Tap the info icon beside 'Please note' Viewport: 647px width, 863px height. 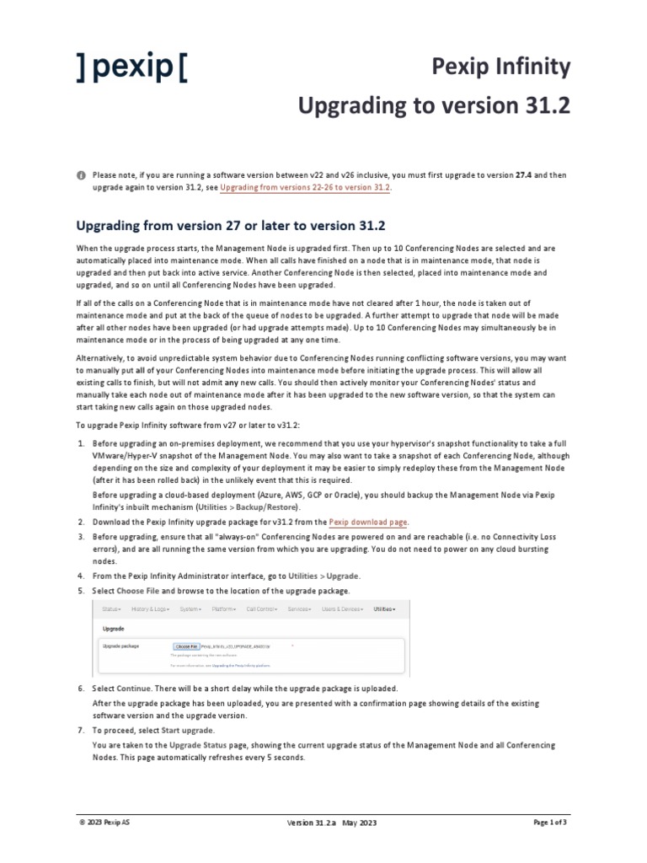coord(81,174)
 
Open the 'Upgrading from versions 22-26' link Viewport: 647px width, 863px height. coord(305,187)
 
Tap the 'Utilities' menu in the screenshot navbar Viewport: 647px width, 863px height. coord(384,608)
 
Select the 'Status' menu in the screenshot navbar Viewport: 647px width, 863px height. coord(111,608)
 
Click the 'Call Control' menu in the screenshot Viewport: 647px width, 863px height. coord(262,608)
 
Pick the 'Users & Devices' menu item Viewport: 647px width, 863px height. coord(342,608)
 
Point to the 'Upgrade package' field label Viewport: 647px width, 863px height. coord(120,646)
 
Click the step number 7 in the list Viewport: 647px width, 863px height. coord(80,730)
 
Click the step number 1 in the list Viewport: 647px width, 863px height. coord(80,442)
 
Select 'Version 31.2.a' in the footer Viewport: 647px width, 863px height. coord(312,823)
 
